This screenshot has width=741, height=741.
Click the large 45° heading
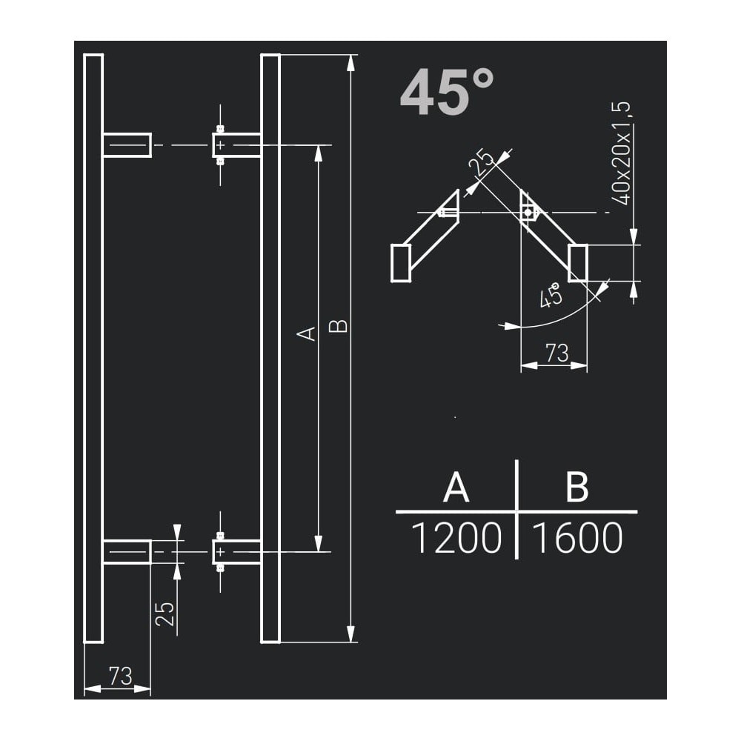click(x=447, y=93)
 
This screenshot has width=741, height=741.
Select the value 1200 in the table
click(x=456, y=539)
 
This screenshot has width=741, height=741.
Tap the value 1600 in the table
click(x=577, y=539)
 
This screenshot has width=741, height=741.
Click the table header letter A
click(x=456, y=488)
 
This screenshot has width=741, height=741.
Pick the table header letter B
click(x=576, y=488)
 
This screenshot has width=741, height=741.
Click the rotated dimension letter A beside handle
click(x=307, y=333)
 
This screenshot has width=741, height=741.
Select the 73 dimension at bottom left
click(x=120, y=675)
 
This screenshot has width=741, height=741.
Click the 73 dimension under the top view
click(x=556, y=353)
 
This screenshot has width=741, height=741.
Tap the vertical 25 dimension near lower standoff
click(x=166, y=614)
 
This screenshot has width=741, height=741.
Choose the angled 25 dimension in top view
click(x=484, y=163)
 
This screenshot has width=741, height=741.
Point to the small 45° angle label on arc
click(x=551, y=297)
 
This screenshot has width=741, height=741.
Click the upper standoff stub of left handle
click(x=127, y=145)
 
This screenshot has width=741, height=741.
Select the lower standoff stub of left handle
click(x=127, y=552)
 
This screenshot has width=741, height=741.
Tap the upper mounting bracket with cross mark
click(x=221, y=145)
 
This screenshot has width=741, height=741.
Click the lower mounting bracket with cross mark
click(x=221, y=552)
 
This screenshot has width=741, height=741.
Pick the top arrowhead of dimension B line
click(x=351, y=62)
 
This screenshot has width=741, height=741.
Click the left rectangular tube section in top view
click(x=400, y=263)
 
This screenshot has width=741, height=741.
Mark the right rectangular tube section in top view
click(x=578, y=263)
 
